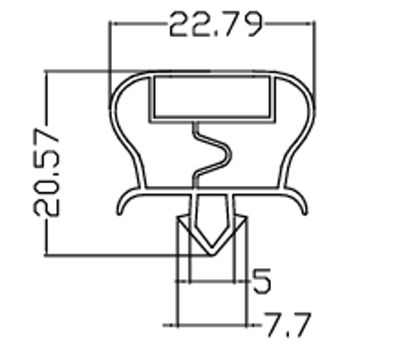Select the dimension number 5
click(261, 281)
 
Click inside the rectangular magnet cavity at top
click(211, 97)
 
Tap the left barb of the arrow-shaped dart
click(181, 221)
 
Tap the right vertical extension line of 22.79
click(315, 55)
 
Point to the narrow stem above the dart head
click(210, 204)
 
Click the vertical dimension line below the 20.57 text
click(46, 238)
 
